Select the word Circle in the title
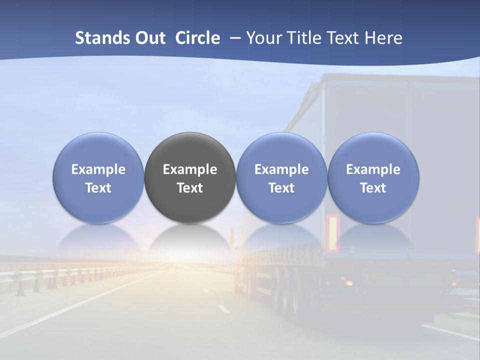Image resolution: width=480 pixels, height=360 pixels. pyautogui.click(x=197, y=38)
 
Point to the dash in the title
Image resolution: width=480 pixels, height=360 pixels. pyautogui.click(x=233, y=38)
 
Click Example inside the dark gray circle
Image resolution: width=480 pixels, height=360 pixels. pyautogui.click(x=190, y=169)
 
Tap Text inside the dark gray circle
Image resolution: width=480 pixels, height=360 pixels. pyautogui.click(x=190, y=188)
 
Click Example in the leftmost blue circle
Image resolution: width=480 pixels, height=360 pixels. pyautogui.click(x=98, y=169)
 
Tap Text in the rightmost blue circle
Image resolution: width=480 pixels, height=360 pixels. pyautogui.click(x=373, y=188)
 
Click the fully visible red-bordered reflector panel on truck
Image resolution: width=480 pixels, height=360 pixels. pyautogui.click(x=332, y=233)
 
